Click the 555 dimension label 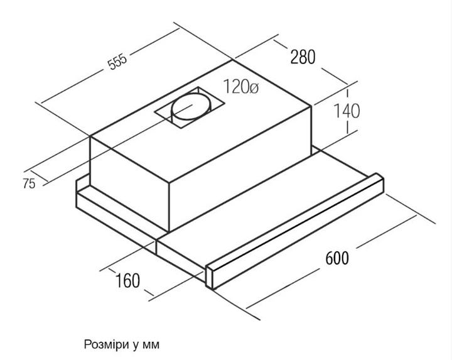(117, 62)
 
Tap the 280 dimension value (303, 57)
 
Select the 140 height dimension (347, 111)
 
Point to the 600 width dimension (337, 258)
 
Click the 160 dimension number (127, 280)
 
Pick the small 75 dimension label (29, 183)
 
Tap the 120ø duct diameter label (240, 86)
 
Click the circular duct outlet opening (191, 107)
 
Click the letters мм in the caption (151, 345)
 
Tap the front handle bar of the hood (294, 231)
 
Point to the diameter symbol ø (254, 87)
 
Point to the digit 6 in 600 (329, 258)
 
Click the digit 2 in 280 (294, 57)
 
